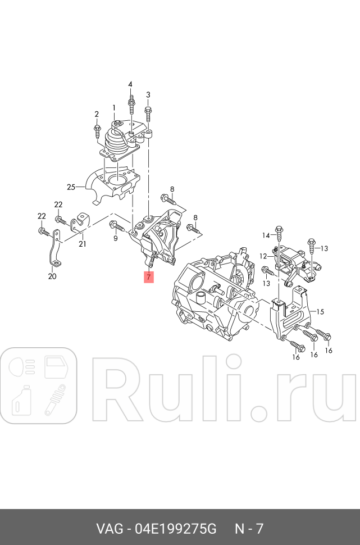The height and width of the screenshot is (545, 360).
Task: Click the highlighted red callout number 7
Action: point(148,277)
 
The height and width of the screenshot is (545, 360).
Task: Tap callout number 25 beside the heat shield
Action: point(71,187)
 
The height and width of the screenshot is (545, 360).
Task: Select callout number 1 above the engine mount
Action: point(113,108)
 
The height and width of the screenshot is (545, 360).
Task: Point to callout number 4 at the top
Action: point(130,84)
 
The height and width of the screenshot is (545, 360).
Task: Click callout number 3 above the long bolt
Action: point(148,94)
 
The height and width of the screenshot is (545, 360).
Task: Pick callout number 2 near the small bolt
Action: point(97,114)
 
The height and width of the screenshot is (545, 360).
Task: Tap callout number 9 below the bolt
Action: point(115,238)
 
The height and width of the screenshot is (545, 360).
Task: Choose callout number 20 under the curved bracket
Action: point(52,276)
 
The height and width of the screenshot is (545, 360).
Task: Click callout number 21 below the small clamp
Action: point(82,244)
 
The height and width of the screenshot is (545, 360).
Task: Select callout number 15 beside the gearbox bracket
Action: point(320,312)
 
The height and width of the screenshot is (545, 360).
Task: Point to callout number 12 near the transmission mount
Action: point(263,256)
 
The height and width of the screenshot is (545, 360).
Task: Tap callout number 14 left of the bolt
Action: point(266,235)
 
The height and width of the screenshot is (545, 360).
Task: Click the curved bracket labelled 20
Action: point(54,249)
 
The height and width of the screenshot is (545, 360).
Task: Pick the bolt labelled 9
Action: point(117,226)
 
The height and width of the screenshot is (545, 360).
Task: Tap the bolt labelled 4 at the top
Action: point(131,105)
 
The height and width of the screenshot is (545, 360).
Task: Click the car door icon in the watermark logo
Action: point(56,367)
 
